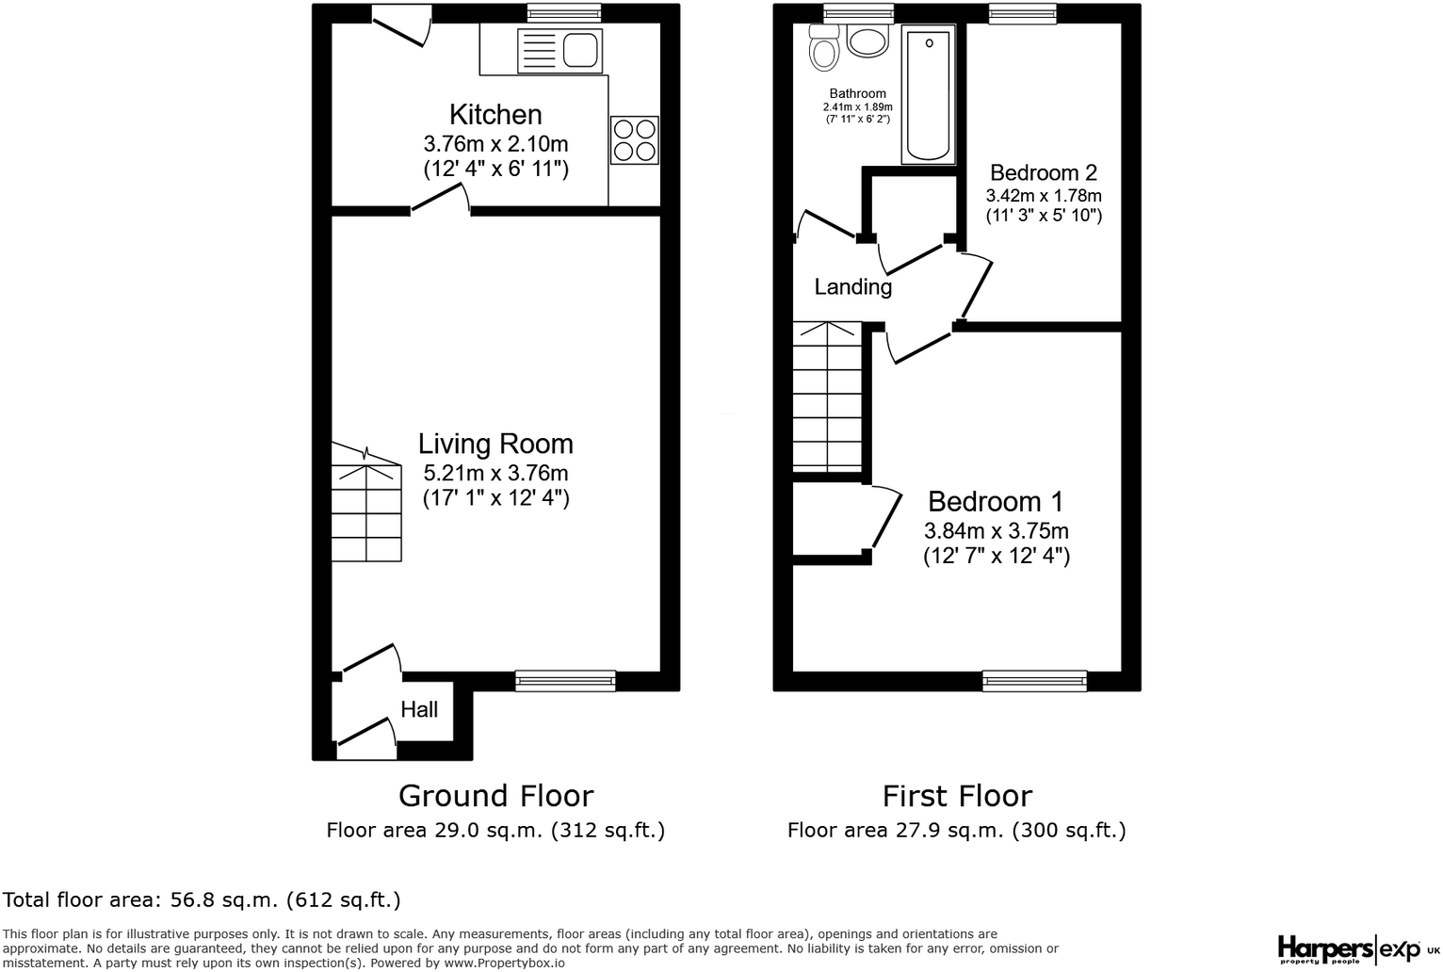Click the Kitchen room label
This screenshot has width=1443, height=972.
pos(495,115)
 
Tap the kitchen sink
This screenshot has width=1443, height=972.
pos(559,50)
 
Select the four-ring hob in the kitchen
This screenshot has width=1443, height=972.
pos(634,139)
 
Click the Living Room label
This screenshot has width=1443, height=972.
pos(495,444)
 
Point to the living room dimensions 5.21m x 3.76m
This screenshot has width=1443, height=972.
pos(495,473)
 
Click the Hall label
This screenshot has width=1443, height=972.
pos(419,709)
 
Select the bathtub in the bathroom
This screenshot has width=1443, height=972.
pos(928,94)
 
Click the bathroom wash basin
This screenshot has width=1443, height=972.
pos(867,40)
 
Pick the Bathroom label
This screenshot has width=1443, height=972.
pos(857,93)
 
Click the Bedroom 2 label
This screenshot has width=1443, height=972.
pos(1044,173)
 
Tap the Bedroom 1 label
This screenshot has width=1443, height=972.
pos(996,501)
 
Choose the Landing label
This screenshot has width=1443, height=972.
pos(852,287)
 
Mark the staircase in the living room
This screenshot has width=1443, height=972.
pos(366,504)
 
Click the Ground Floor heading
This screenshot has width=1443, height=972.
pos(495,796)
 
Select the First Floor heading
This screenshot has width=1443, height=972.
pos(957,796)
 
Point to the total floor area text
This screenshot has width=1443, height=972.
pos(202,899)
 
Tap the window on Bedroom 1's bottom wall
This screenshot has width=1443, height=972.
pos(1034,681)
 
